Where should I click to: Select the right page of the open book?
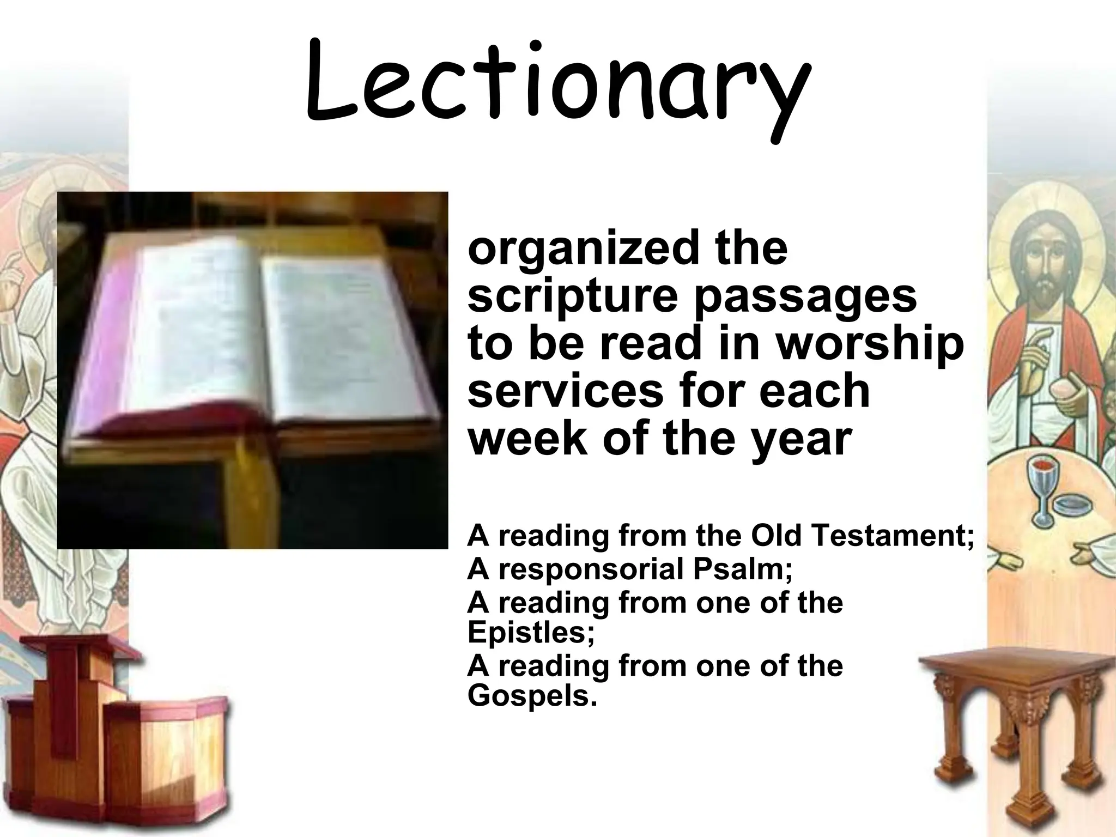(343, 332)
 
